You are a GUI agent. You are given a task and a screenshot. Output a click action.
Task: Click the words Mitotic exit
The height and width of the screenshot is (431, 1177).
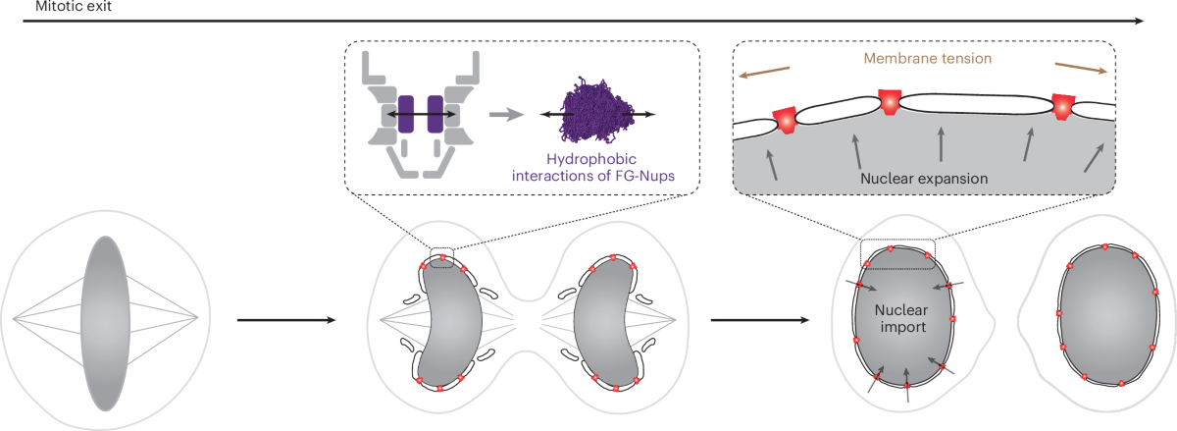click(73, 6)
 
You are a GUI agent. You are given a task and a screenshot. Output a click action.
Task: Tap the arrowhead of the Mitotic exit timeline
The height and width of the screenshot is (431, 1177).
click(1138, 21)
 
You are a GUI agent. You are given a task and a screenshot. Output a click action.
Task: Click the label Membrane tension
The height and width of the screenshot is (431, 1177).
click(928, 58)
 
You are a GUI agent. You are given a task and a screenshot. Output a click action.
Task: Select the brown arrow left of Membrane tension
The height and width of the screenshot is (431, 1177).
click(764, 72)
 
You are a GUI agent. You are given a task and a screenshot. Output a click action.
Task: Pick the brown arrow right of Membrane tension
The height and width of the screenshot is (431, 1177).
click(1081, 68)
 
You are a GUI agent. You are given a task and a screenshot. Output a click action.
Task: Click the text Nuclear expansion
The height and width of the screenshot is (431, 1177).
click(924, 179)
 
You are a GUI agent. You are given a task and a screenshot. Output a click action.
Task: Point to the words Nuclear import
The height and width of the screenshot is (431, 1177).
click(901, 318)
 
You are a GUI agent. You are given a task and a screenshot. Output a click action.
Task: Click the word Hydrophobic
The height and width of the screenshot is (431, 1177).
click(591, 159)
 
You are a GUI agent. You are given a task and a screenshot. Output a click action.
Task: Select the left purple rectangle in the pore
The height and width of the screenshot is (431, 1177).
click(406, 114)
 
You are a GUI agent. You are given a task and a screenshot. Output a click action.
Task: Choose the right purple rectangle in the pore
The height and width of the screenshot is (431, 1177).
click(435, 114)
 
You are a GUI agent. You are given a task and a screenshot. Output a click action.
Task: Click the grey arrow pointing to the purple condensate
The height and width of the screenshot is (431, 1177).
click(506, 114)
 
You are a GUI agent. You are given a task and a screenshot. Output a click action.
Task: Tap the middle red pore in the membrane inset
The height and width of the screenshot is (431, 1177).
click(890, 101)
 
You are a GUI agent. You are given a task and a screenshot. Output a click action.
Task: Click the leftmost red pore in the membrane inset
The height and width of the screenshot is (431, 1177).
click(785, 120)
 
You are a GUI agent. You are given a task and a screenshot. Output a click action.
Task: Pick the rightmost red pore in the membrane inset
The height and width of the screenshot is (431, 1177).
click(1062, 107)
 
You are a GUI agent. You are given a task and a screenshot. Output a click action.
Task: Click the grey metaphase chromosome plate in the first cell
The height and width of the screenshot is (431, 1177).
click(105, 323)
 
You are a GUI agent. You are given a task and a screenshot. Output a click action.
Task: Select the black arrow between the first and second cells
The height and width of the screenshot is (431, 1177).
click(286, 320)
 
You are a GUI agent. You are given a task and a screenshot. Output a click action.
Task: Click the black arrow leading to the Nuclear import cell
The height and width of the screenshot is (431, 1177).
click(760, 320)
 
